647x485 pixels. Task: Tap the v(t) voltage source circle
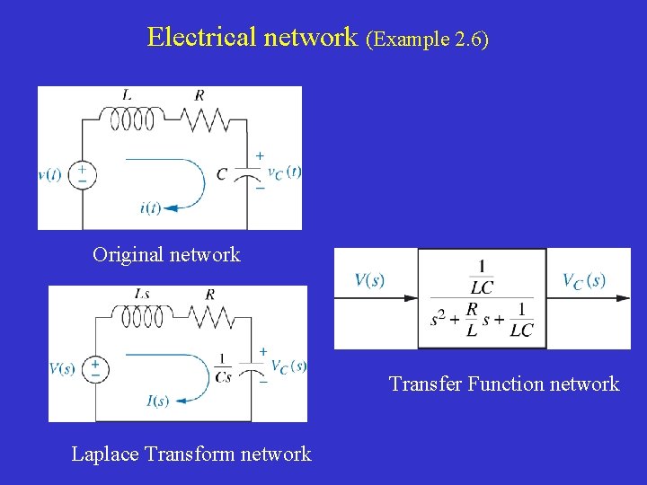[82, 174]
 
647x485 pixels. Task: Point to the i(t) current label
[150, 207]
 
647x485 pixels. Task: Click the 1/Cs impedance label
[223, 367]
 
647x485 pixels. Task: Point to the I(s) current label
[157, 401]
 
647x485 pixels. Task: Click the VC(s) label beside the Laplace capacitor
[288, 366]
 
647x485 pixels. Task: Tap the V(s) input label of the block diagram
[369, 280]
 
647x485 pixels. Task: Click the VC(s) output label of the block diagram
[584, 281]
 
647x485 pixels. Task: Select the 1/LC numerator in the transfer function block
[482, 277]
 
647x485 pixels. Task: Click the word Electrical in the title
[202, 37]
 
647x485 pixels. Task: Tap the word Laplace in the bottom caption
[105, 454]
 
